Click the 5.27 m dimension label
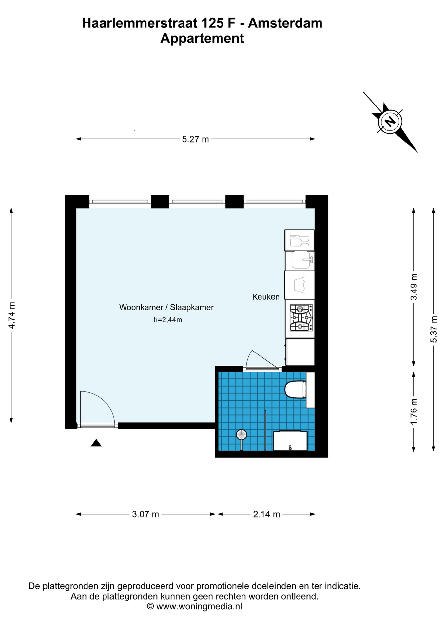click(195, 139)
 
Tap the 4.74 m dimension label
click(12, 315)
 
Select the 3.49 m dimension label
click(414, 287)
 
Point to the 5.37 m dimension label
click(434, 329)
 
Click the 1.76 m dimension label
click(414, 411)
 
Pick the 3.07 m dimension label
click(145, 514)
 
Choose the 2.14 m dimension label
click(266, 514)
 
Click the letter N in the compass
click(390, 122)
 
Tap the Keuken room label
click(266, 297)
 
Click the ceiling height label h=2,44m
click(168, 320)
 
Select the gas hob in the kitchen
click(301, 318)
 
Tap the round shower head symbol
click(242, 435)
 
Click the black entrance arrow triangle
click(96, 443)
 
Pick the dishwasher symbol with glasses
click(300, 240)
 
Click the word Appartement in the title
click(202, 39)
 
